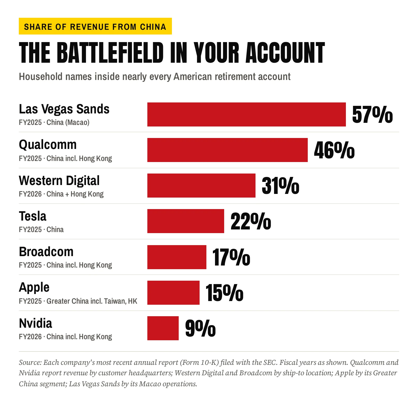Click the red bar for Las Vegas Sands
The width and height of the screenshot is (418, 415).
[x=246, y=114]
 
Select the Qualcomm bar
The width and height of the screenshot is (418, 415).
[x=227, y=150]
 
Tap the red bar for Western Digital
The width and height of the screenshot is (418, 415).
[x=201, y=186]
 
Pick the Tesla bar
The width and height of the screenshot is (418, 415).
[x=185, y=221]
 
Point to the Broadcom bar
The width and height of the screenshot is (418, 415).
[x=177, y=257]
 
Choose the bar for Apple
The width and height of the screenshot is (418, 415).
[x=173, y=293]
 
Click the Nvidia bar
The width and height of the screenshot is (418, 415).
[x=163, y=328]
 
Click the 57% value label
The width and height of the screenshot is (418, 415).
[x=372, y=114]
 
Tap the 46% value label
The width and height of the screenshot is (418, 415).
[x=334, y=150]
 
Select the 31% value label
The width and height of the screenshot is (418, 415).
[x=280, y=186]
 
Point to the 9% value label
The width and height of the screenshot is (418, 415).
[x=200, y=328]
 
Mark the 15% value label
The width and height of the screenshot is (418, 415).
[x=224, y=293]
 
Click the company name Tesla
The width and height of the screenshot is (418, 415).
[x=33, y=216]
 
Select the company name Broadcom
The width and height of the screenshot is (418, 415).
[x=46, y=252]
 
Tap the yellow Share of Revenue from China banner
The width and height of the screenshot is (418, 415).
[x=95, y=26]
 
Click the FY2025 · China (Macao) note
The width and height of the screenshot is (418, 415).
[x=54, y=122]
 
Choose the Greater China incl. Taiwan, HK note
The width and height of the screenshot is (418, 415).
[x=92, y=301]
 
